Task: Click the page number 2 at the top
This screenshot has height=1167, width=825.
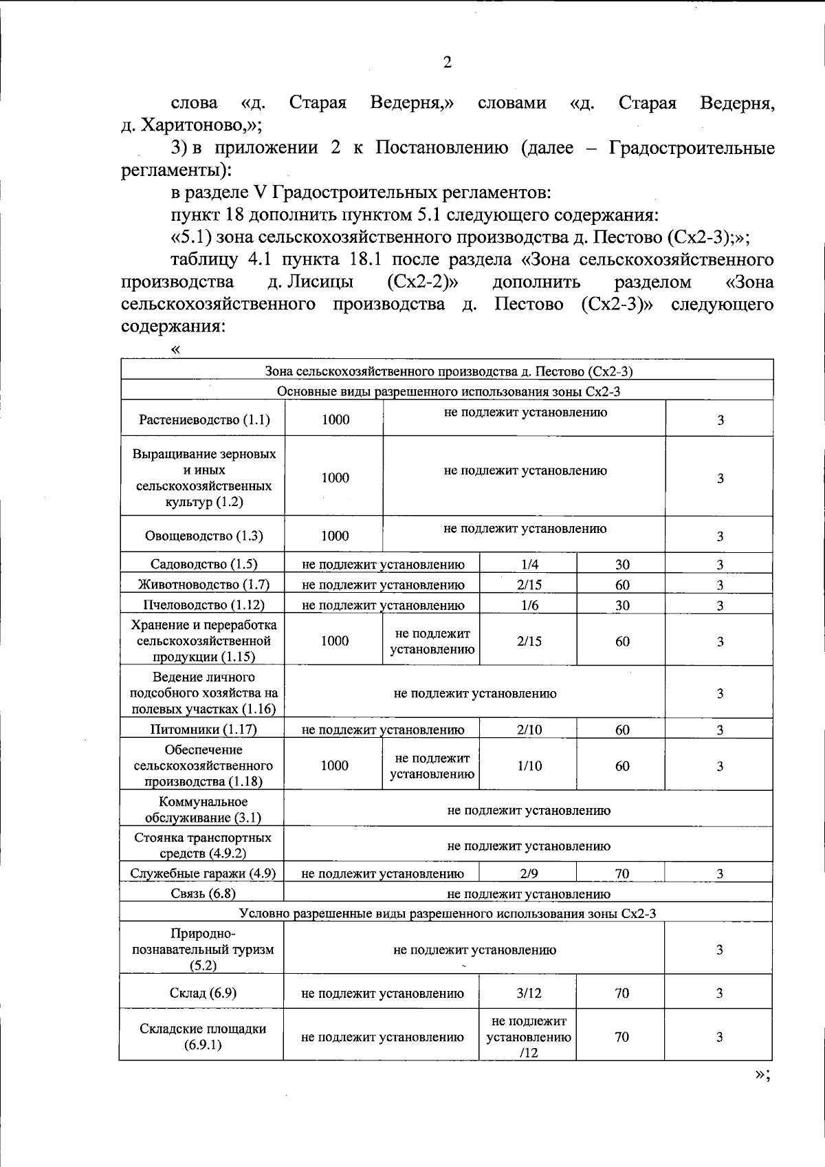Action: pos(447,63)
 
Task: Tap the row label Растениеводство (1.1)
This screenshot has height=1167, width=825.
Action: pos(203,419)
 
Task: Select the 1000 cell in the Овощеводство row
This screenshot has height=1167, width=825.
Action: pos(335,536)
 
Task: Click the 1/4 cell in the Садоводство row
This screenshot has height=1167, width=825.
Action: pos(529,565)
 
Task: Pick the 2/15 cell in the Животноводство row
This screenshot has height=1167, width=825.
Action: pos(529,585)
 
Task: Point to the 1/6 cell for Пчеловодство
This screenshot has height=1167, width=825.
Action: pos(529,605)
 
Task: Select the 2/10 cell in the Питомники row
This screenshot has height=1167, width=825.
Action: pos(529,730)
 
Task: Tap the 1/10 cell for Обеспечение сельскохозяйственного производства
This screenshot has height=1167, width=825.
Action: pos(529,766)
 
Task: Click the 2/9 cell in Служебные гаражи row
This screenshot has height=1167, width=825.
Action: pos(529,874)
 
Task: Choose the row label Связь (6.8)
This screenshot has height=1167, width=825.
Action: pos(203,894)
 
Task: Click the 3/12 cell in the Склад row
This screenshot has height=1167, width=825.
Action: pos(529,993)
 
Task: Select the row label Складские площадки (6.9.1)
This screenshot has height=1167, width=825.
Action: pos(203,1037)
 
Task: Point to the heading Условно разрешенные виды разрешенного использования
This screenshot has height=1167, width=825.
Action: pos(447,914)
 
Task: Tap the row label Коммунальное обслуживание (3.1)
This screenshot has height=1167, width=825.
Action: pos(203,810)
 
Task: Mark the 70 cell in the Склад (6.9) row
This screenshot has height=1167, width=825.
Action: pos(621,993)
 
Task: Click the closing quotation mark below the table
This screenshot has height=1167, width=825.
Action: pos(761,1075)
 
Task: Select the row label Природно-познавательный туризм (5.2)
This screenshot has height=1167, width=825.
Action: pos(203,950)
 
